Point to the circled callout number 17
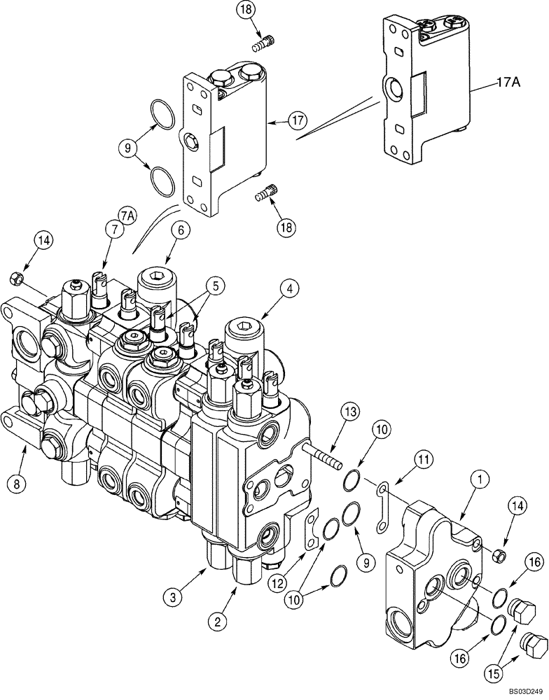pos(297,120)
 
